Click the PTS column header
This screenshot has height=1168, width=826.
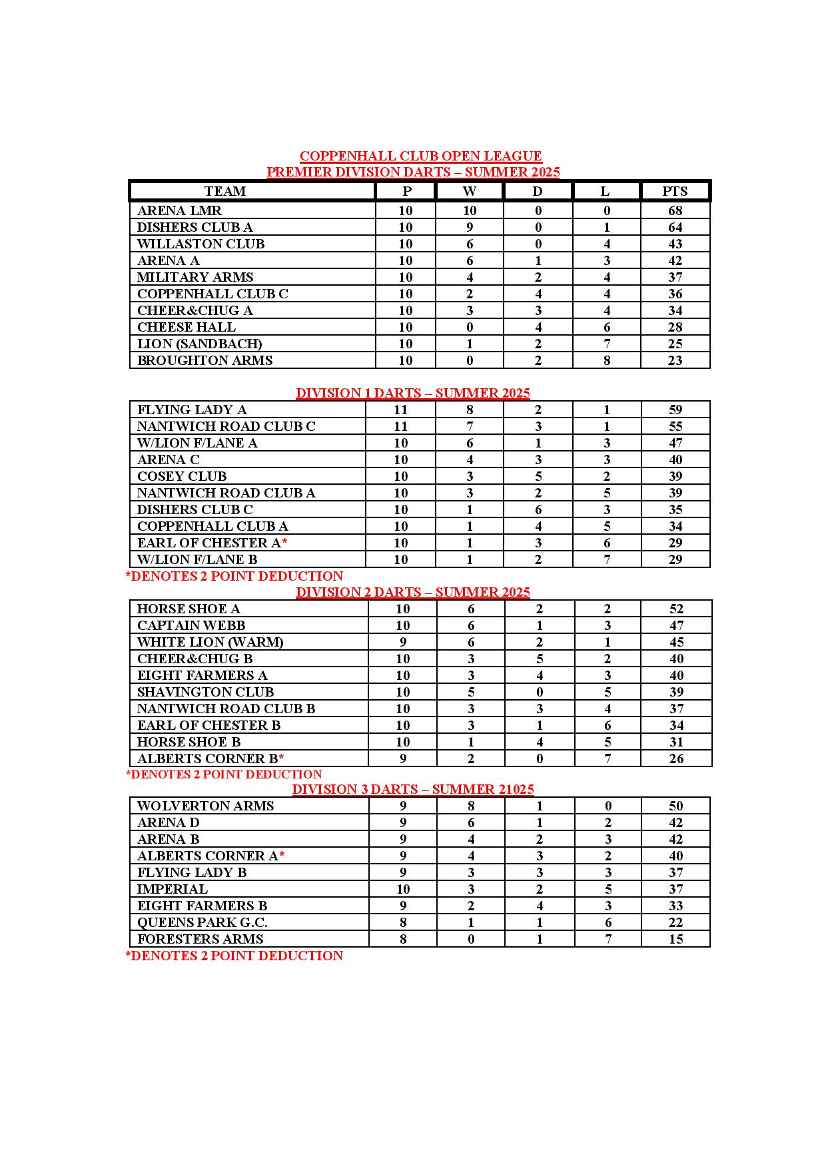click(x=675, y=191)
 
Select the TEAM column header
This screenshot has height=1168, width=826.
click(x=225, y=191)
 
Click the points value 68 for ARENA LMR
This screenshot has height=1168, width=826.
click(x=675, y=210)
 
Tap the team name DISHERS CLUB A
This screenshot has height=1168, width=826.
click(x=195, y=227)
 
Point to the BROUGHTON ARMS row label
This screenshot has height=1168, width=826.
click(x=205, y=360)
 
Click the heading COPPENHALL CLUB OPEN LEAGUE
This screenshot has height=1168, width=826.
click(x=420, y=156)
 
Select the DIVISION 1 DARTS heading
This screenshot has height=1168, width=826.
click(x=413, y=393)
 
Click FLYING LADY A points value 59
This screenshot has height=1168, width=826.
click(x=675, y=410)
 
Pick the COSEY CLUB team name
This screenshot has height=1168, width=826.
click(x=182, y=476)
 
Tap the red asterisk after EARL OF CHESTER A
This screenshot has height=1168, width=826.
click(x=284, y=542)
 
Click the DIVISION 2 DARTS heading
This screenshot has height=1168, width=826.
click(x=413, y=592)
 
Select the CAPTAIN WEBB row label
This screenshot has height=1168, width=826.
click(x=191, y=625)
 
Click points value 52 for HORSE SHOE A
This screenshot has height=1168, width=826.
click(x=676, y=609)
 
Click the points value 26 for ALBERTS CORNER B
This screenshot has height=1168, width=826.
click(x=676, y=758)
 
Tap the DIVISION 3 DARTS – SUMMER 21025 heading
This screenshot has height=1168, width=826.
click(x=413, y=789)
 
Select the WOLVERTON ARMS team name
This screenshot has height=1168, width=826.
click(x=205, y=806)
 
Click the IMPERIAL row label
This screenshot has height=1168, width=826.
click(x=173, y=889)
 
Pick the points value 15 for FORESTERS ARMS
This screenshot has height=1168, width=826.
click(x=676, y=939)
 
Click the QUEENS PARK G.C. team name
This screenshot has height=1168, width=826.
click(x=203, y=922)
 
